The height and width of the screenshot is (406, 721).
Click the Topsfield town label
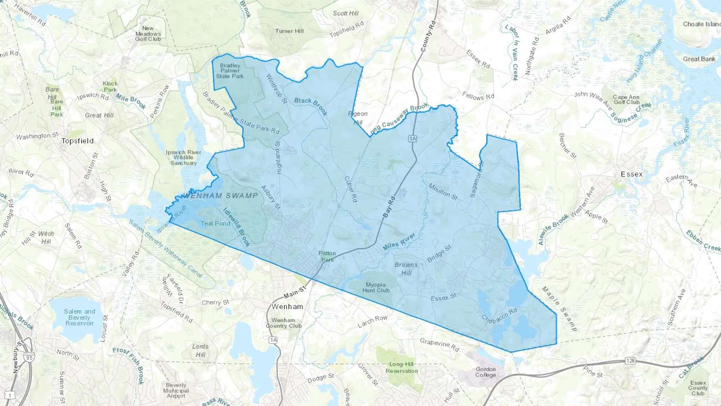[78, 141]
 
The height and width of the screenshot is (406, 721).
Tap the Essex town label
[632, 174]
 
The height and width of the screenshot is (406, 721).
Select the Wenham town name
[287, 307]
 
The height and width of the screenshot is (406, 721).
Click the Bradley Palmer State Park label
[230, 71]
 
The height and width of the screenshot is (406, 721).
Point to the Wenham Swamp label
[221, 196]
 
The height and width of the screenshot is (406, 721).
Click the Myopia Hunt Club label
[376, 287]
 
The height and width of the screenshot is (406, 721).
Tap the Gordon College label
[485, 372]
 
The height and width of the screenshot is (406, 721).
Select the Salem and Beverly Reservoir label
[79, 317]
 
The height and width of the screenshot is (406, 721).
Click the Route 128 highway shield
[630, 361]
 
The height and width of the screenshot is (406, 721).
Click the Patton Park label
[327, 257]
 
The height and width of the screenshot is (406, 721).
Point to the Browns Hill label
[406, 269]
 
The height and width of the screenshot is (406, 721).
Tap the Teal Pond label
[215, 224]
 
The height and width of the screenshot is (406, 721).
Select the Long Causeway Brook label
[399, 119]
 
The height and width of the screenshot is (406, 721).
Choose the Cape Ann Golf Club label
[626, 99]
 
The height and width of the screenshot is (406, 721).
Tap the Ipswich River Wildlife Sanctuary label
[183, 158]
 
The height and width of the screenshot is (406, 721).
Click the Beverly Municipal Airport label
[176, 390]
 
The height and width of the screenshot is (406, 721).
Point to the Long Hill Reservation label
[402, 368]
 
